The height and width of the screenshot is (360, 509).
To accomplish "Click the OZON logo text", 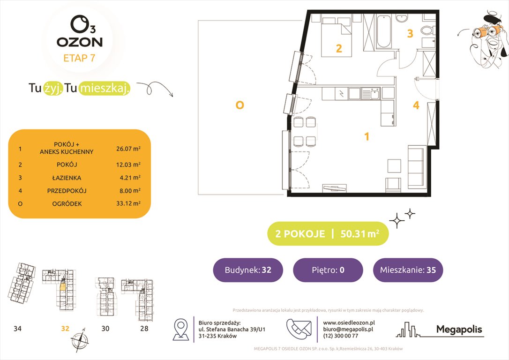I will [x=79, y=42].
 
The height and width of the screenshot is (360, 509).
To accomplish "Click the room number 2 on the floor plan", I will [x=338, y=48].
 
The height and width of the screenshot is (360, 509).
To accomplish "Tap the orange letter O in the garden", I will [x=240, y=105].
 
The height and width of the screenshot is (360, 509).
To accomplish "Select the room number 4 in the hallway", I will [x=416, y=105].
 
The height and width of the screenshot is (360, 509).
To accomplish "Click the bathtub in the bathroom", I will [x=383, y=31].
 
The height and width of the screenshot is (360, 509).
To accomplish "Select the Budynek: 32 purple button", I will [x=248, y=270].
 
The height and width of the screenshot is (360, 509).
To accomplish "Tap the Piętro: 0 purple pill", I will [x=328, y=270].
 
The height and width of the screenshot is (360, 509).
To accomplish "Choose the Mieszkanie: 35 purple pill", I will [x=408, y=270].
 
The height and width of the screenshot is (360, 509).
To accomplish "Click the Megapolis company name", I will [x=459, y=330].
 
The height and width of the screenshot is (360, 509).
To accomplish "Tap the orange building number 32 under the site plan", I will [x=65, y=329].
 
